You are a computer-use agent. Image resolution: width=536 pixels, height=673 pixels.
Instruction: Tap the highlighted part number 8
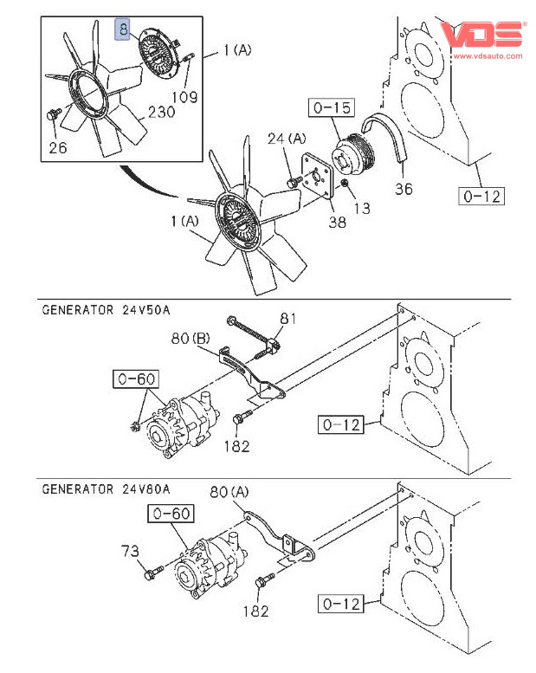click(125, 29)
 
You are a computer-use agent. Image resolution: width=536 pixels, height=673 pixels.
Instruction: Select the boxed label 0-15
click(330, 108)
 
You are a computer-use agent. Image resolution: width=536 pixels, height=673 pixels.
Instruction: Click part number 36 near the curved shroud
click(404, 188)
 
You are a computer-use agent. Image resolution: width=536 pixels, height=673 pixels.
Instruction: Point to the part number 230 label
click(161, 112)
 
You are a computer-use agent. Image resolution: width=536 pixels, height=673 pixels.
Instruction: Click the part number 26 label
click(57, 147)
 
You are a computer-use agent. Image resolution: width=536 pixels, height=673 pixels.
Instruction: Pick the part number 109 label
click(185, 97)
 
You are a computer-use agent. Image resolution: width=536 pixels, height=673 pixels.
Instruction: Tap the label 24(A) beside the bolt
click(287, 138)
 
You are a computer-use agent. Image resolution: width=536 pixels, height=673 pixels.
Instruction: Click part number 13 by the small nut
click(361, 208)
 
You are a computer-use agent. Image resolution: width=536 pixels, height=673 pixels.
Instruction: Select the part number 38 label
click(336, 222)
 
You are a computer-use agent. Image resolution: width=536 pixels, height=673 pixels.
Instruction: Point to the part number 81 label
click(288, 319)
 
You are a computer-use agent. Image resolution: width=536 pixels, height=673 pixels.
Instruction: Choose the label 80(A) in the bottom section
click(229, 494)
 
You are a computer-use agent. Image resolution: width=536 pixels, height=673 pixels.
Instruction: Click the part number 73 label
click(130, 551)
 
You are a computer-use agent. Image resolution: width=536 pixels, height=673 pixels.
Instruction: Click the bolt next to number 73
click(155, 573)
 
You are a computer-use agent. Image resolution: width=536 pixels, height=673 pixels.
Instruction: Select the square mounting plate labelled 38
click(318, 177)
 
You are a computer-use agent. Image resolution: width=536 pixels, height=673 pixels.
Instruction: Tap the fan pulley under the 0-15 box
click(353, 156)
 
